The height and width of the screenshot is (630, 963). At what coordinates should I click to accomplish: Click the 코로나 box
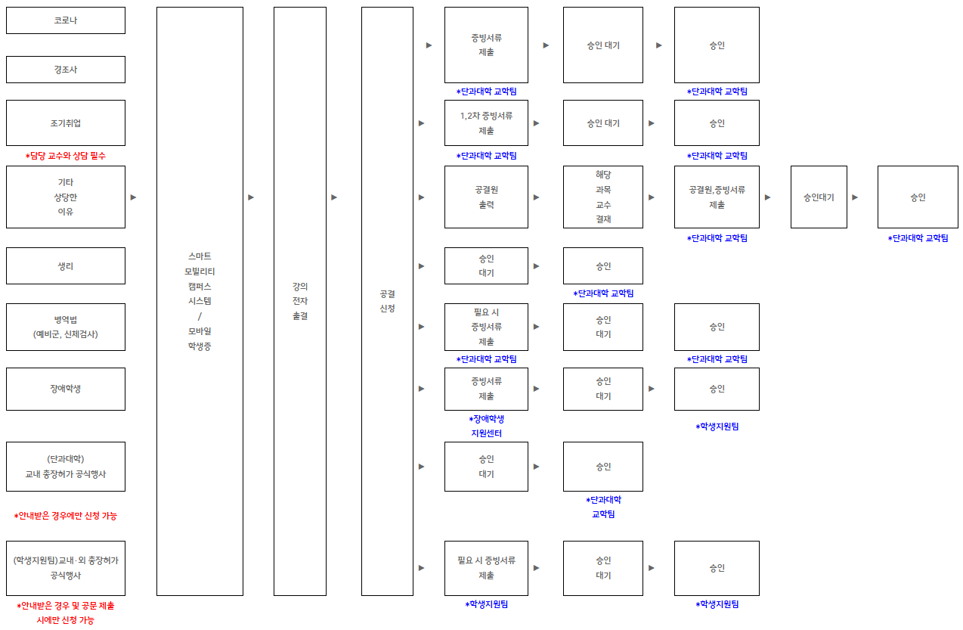[x=66, y=20]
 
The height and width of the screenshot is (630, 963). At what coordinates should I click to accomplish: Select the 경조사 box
[x=66, y=70]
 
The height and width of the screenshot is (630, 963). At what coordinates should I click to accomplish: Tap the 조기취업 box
[x=66, y=123]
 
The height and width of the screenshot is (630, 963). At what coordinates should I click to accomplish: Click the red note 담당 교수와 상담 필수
[x=66, y=156]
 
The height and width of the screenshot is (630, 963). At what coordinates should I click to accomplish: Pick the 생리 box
[x=66, y=265]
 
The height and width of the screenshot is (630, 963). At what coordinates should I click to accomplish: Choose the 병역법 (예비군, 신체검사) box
[x=66, y=327]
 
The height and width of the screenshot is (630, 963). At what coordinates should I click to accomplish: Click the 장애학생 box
[x=66, y=389]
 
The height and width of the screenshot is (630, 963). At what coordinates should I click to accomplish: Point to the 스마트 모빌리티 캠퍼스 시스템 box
[x=200, y=301]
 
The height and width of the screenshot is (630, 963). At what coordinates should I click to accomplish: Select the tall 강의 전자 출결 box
[x=300, y=301]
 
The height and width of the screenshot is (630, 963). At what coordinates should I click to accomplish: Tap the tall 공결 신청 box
[x=387, y=301]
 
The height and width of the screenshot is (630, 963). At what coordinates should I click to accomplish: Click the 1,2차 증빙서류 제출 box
[x=486, y=123]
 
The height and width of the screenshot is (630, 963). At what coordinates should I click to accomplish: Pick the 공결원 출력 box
[x=486, y=197]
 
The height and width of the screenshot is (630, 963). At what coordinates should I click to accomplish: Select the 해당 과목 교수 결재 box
[x=603, y=197]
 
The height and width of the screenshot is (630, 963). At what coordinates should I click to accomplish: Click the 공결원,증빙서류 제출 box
[x=717, y=197]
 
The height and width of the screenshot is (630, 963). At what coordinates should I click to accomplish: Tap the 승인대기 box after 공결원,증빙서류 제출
[x=819, y=197]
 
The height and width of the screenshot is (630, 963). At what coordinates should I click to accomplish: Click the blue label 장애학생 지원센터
[x=486, y=426]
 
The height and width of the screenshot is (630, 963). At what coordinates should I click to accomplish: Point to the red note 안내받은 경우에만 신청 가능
[x=66, y=516]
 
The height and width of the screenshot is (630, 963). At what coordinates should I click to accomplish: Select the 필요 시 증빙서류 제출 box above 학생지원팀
[x=486, y=568]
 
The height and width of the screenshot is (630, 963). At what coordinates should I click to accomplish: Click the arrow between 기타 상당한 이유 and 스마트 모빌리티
[x=134, y=197]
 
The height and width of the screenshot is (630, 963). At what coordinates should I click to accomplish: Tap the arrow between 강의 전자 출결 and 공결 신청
[x=334, y=197]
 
